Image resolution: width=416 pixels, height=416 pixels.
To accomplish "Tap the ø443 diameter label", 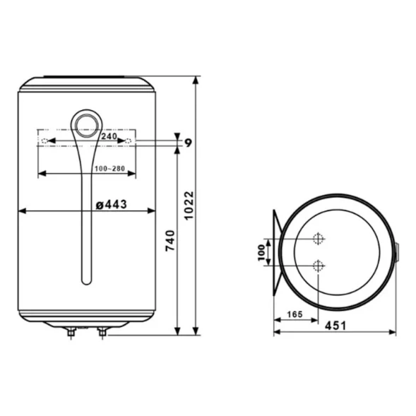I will click(111, 204).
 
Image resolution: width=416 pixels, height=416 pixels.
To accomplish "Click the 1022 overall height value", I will click(189, 204).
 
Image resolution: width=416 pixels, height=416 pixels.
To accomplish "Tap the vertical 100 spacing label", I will click(261, 251).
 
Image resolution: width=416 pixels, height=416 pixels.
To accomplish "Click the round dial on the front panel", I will click(87, 125).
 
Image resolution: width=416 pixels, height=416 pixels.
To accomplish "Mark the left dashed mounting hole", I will click(45, 143).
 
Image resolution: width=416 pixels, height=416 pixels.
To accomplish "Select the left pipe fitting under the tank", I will click(71, 331).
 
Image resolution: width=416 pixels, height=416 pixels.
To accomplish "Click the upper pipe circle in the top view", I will click(319, 239).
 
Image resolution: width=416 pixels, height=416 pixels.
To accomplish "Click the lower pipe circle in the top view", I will click(319, 266).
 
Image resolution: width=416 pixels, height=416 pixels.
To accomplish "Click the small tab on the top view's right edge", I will click(396, 251).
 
